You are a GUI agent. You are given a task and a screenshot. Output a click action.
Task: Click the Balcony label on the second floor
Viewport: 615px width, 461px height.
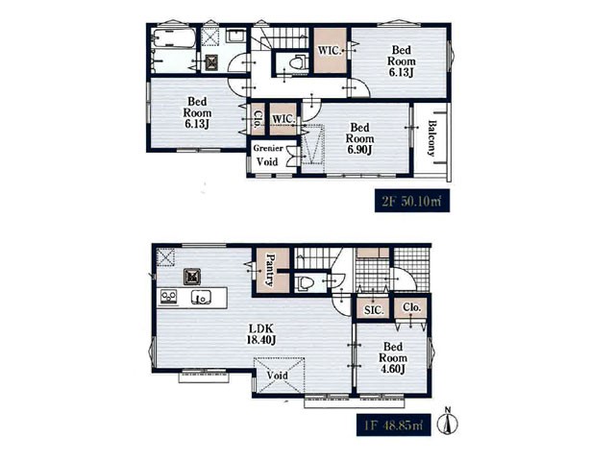[x=432, y=138]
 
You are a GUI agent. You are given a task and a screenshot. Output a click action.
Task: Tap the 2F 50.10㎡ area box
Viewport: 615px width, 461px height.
[x=412, y=201]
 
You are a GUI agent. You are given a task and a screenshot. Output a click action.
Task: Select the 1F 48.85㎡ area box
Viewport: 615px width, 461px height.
[x=394, y=425]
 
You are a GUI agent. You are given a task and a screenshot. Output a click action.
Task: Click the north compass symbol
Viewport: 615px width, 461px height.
[x=451, y=421]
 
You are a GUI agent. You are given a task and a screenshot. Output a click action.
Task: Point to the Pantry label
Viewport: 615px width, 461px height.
[x=271, y=270]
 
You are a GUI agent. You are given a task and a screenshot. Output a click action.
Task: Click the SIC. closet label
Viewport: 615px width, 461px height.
[x=374, y=310]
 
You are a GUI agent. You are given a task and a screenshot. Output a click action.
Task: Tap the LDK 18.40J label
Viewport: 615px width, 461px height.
[x=260, y=334]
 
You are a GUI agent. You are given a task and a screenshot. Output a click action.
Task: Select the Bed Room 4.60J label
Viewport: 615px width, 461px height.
[x=393, y=357]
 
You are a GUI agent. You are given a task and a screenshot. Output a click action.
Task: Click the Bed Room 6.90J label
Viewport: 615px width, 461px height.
[x=359, y=138]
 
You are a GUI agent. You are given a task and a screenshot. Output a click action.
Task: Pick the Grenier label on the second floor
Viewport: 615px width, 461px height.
[x=268, y=148]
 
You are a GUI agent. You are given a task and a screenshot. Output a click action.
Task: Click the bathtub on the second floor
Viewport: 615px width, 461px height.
[x=174, y=38]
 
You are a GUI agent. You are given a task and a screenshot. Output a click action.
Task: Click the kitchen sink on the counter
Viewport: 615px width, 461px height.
[x=202, y=298]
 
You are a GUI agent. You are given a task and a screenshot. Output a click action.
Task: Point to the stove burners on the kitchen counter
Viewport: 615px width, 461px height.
[x=169, y=297]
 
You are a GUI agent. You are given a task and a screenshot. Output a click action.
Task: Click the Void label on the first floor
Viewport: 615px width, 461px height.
[x=278, y=376]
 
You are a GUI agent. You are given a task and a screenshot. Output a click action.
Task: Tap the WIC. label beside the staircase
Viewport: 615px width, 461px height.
[x=330, y=51]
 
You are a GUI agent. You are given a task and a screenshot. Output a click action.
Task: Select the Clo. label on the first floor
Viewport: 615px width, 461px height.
[x=412, y=307]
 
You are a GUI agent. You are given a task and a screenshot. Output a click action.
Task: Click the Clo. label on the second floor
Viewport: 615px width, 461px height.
[x=258, y=119]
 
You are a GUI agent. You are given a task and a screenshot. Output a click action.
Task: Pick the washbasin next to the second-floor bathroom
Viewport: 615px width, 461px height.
[x=235, y=36]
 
